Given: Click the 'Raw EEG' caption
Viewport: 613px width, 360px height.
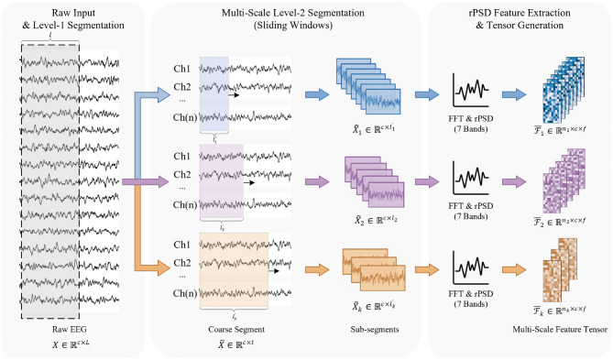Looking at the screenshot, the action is pos(70,329).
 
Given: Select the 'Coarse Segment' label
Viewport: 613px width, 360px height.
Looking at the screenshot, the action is pos(236,330).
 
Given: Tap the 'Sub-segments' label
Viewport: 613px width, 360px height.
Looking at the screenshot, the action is pos(375,330).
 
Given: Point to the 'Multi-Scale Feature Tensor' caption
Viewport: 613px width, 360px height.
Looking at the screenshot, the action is pos(560,330).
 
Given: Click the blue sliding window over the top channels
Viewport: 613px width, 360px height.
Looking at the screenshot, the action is pos(213,94).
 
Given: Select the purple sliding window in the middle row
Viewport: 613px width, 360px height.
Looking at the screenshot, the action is pos(222,181).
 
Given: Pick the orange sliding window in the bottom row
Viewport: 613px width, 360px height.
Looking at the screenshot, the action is pos(234,270).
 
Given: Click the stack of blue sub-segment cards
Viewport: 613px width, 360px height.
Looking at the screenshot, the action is pos(368,86).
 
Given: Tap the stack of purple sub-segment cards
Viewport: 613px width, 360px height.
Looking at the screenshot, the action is pos(374,181).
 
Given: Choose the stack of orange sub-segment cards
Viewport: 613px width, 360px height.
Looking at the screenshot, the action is pos(374,269).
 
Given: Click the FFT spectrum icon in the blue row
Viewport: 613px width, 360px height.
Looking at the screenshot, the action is pos(471,90).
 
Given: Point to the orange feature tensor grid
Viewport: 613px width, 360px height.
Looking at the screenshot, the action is pos(560,270).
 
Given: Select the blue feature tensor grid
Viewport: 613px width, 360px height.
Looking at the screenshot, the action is pos(564,90).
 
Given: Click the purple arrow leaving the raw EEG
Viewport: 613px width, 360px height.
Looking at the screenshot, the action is pos(146,181).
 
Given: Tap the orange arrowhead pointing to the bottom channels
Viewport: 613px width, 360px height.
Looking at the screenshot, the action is pos(164,267).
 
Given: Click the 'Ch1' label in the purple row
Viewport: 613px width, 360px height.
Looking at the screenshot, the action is pos(181,157).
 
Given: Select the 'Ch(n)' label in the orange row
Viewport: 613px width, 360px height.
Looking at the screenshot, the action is pos(185,293).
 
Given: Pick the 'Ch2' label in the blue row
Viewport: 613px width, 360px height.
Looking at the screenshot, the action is pos(181,87).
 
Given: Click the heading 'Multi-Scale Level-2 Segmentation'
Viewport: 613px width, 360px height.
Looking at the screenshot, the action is pos(293,13).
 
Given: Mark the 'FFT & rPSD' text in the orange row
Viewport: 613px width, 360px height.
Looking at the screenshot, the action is pos(471,294).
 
